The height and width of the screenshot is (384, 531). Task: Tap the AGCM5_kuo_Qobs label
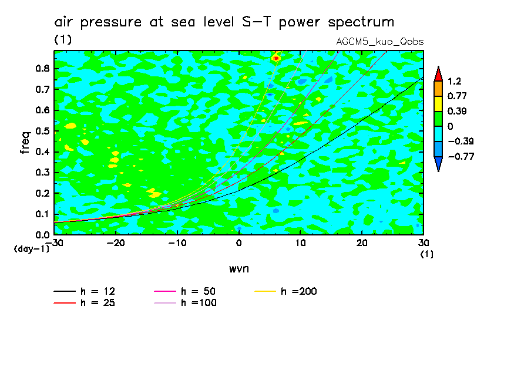point(379,42)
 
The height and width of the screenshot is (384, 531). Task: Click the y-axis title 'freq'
point(25,143)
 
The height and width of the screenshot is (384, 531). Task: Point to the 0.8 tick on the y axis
point(42,69)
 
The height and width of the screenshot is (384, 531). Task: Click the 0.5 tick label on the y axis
point(42,131)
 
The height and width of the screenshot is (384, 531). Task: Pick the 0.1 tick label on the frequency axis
point(42,214)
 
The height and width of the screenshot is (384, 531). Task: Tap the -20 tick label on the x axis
point(116,243)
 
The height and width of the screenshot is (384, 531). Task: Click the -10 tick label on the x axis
point(177,243)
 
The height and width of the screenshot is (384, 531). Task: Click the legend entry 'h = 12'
point(98,291)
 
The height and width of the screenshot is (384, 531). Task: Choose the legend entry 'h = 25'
point(98,303)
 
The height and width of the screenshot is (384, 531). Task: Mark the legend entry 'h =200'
point(298,291)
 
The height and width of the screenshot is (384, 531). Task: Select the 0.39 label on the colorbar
point(455,111)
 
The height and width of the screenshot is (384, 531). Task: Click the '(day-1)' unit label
point(32,248)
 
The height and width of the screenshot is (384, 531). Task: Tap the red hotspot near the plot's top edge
point(275,58)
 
